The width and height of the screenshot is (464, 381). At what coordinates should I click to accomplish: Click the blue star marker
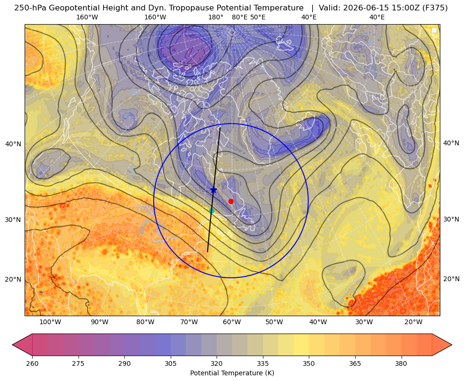(213, 190)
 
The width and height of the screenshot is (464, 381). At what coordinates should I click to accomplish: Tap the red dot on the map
(231, 201)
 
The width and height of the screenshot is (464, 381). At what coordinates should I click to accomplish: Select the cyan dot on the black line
(211, 211)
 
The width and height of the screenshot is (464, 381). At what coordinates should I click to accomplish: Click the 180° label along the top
(216, 17)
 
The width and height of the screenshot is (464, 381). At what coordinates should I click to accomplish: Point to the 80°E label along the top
(239, 17)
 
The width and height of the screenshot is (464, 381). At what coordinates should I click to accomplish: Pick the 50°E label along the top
(258, 17)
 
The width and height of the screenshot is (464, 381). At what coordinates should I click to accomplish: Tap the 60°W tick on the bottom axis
(232, 322)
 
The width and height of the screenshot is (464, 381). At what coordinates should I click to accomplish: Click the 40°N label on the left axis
(13, 144)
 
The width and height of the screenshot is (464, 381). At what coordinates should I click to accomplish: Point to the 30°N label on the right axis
(451, 219)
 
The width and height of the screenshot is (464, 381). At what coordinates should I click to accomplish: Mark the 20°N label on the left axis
(13, 279)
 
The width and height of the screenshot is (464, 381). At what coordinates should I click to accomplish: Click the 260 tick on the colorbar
(32, 363)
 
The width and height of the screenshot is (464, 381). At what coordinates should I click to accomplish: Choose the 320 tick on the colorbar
(217, 363)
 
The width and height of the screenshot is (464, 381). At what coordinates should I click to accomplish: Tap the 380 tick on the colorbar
(401, 363)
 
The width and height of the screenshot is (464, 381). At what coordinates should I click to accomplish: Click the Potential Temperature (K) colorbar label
(232, 373)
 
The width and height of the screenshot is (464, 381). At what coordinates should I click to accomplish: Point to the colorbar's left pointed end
(13, 345)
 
